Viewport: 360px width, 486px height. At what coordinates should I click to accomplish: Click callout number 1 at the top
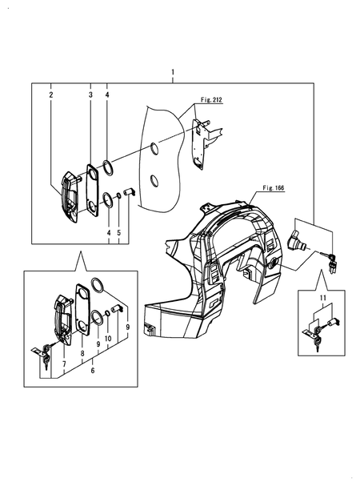point(173,72)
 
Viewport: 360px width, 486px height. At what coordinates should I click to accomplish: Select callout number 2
point(51,94)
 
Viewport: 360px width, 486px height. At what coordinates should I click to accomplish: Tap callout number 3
point(90,94)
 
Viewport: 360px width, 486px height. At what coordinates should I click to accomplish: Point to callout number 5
point(119,232)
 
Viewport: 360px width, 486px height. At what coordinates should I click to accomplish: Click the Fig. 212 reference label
point(212,100)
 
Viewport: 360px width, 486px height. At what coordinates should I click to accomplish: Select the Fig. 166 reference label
point(274,188)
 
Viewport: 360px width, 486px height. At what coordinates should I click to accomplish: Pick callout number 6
point(93,370)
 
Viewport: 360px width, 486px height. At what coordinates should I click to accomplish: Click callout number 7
point(64,364)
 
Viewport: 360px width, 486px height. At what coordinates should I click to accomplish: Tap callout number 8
point(82,353)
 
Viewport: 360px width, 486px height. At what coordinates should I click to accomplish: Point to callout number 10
point(108,339)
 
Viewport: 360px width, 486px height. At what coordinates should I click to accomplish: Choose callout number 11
point(323,298)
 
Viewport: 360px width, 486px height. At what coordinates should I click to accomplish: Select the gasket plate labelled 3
point(92,190)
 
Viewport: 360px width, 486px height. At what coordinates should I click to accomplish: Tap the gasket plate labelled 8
point(83,309)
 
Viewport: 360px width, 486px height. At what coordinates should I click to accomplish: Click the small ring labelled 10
point(107,313)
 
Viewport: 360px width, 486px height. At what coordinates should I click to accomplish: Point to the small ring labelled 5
point(118,195)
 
